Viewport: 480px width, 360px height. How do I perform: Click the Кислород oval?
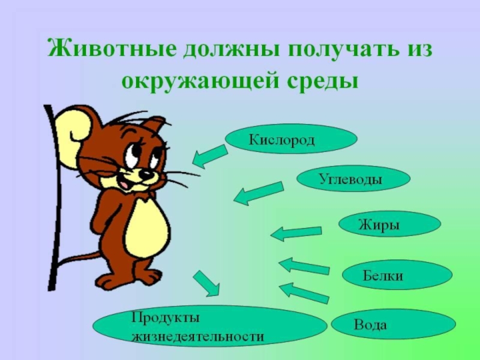(291, 139)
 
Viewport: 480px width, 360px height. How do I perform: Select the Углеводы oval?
(353, 178)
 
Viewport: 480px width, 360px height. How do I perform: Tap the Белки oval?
(396, 275)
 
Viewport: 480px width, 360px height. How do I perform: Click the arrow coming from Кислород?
(209, 155)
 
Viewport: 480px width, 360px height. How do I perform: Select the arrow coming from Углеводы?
(257, 193)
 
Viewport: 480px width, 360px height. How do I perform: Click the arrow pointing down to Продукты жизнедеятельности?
(206, 283)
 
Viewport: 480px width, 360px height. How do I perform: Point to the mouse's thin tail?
(75, 259)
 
